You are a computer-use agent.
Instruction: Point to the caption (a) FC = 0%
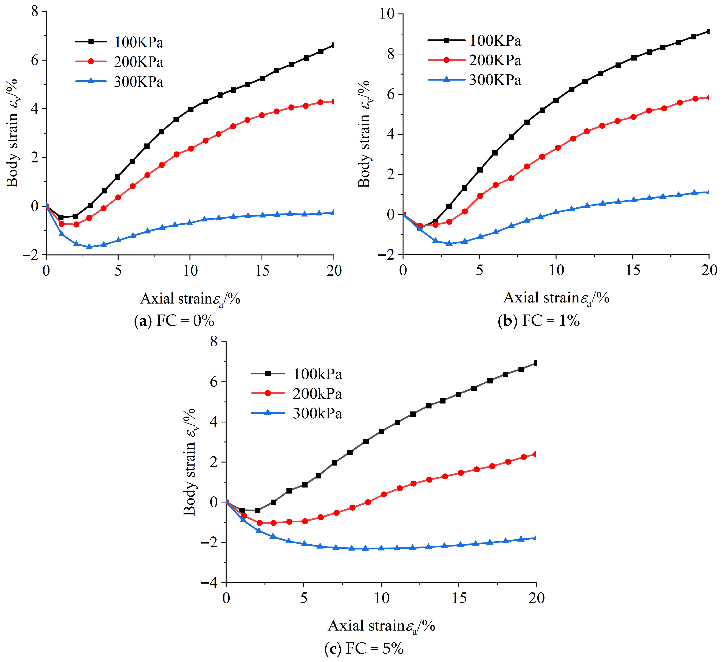point(174,321)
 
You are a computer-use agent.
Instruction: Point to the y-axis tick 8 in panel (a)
point(34,11)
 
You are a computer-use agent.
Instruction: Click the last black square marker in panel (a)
point(334,45)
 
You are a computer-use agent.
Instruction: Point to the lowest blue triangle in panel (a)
point(89,246)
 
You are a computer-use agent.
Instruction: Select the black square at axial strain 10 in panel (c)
point(381,431)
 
